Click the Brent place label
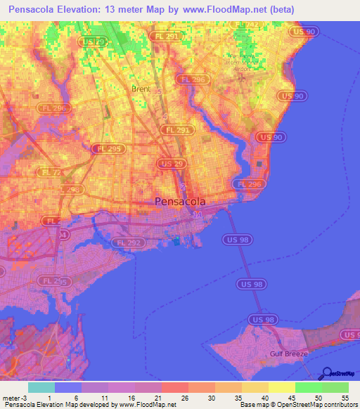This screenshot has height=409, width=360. (x=141, y=89)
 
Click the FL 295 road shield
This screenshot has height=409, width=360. (x=105, y=148)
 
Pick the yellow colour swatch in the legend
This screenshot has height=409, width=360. (x=282, y=387)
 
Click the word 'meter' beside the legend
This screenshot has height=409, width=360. (x=10, y=398)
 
